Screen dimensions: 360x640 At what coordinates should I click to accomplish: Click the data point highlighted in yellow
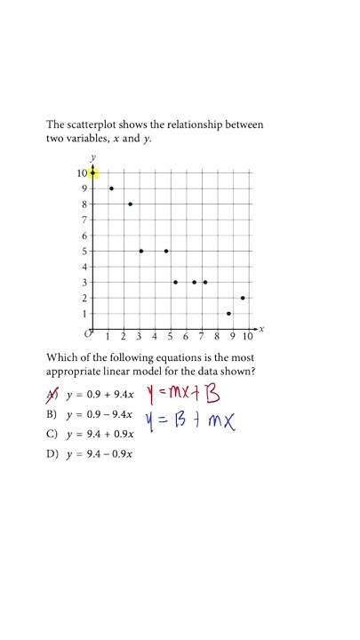click(92, 172)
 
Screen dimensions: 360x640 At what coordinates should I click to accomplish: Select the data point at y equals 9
click(111, 188)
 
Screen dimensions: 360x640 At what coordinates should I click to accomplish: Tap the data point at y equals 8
click(130, 204)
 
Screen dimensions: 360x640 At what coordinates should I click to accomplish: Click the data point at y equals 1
click(228, 314)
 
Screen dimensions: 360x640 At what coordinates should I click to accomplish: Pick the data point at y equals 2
click(243, 298)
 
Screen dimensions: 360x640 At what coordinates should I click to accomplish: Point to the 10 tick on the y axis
click(82, 173)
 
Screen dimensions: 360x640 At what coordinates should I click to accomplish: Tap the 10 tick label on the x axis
click(247, 337)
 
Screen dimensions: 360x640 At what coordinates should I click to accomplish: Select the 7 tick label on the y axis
click(84, 220)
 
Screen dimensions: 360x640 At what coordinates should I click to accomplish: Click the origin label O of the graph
click(88, 334)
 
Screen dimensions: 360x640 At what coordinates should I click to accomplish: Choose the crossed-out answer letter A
click(51, 394)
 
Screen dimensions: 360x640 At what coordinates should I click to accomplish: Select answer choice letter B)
click(51, 414)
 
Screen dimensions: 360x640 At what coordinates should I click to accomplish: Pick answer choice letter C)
click(51, 434)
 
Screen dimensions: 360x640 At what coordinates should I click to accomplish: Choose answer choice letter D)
click(51, 454)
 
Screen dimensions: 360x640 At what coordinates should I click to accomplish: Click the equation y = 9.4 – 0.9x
click(99, 454)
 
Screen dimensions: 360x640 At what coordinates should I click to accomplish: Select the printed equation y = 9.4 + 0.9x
click(99, 434)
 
